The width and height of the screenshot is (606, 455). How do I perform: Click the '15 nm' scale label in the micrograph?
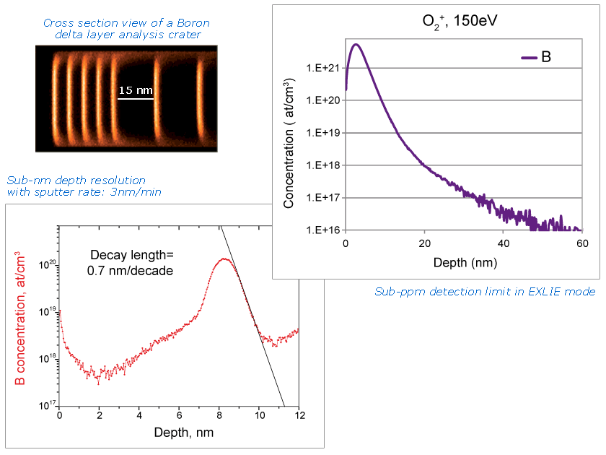point(136,90)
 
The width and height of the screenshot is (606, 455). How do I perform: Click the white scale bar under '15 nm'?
point(136,99)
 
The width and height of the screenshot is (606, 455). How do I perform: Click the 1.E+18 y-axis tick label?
point(323,165)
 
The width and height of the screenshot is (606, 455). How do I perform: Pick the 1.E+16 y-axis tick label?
point(323,230)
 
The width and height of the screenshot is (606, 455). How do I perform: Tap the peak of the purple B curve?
point(355,44)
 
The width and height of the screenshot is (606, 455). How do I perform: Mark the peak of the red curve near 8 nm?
point(224,259)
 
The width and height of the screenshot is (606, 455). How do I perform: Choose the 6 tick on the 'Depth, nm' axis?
point(180,416)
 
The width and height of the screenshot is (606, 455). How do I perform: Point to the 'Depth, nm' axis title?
point(183,432)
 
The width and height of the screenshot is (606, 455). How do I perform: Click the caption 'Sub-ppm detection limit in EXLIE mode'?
point(485,292)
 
